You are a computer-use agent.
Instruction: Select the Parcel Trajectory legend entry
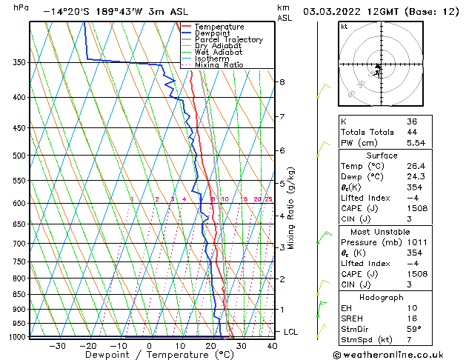click(228, 40)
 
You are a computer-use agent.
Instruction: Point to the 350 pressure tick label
click(19, 62)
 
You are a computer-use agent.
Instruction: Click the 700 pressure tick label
click(19, 244)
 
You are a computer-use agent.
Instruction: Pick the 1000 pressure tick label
click(16, 337)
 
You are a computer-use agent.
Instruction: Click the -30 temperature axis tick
click(57, 346)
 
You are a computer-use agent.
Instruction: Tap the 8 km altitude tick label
click(282, 81)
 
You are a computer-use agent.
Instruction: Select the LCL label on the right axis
click(290, 332)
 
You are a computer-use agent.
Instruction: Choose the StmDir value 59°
click(414, 329)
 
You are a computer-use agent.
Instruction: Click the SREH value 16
click(412, 318)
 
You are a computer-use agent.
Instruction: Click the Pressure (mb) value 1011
click(416, 241)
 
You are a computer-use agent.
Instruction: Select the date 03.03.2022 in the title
click(336, 12)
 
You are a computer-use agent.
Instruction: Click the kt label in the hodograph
click(344, 27)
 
